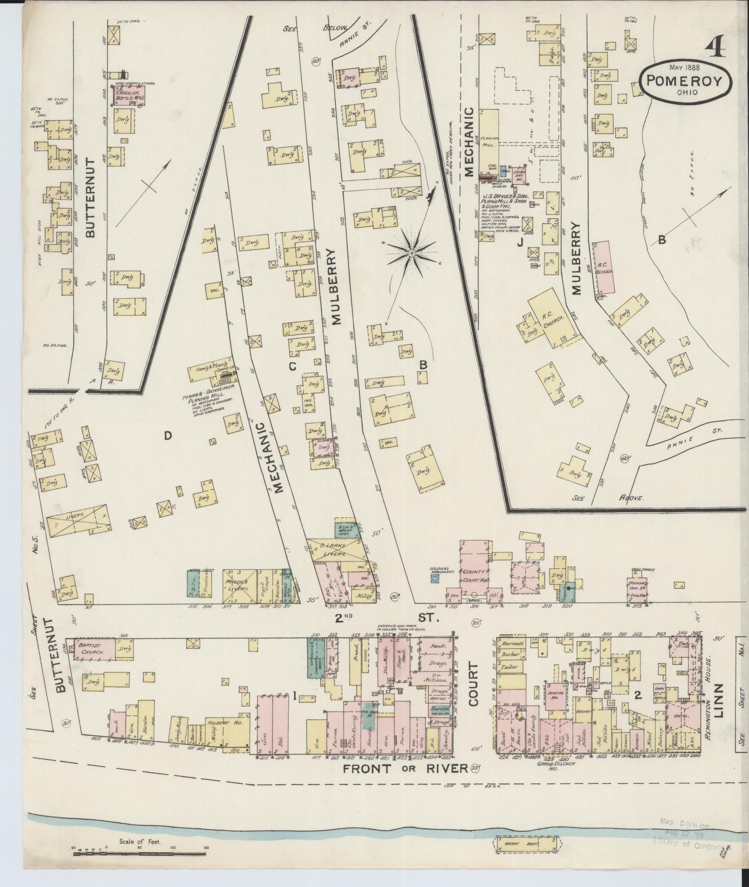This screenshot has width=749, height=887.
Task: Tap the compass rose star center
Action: click(x=411, y=253)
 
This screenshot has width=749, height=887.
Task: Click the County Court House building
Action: click(x=474, y=569)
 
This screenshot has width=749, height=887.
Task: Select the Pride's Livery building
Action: click(x=239, y=586)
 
